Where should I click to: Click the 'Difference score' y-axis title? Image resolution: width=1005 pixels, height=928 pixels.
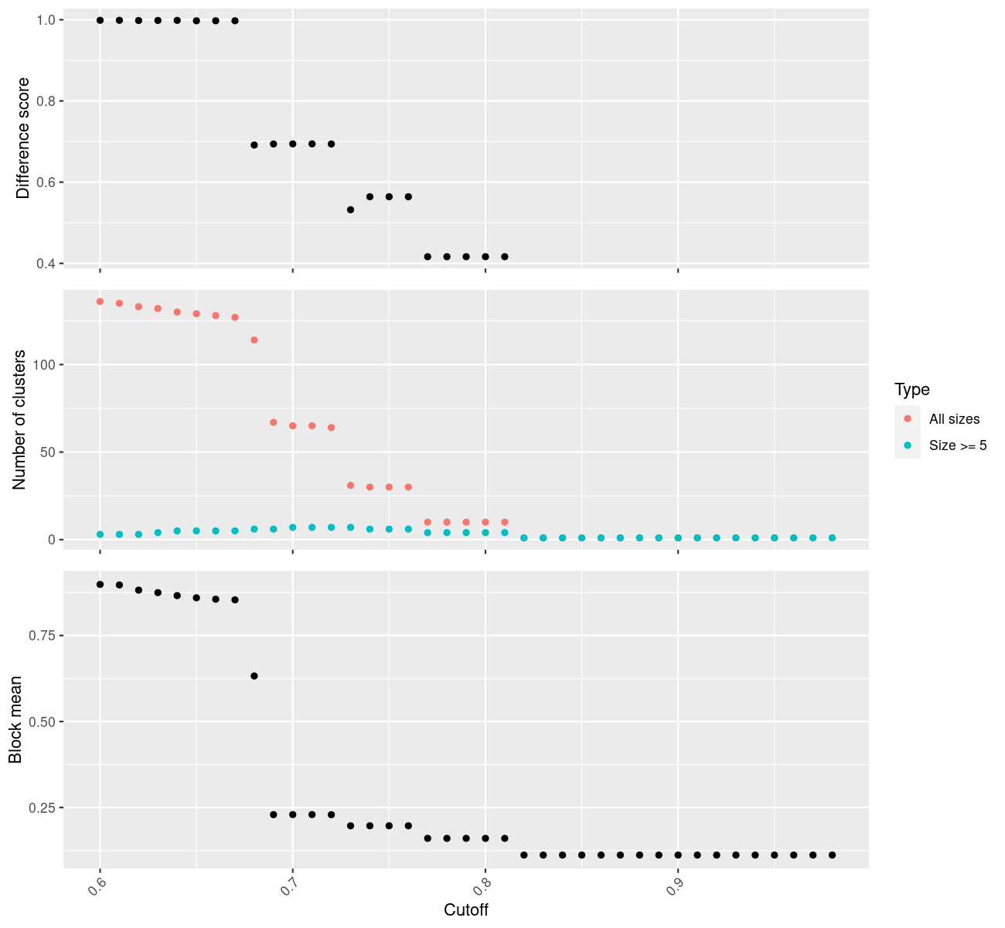[23, 138]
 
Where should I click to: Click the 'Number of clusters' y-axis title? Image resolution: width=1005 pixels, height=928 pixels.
[20, 420]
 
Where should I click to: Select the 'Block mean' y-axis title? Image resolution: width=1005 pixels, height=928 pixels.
[15, 720]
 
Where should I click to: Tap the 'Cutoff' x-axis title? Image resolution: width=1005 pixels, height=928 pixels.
[466, 910]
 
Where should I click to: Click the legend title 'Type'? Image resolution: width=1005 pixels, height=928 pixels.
[911, 390]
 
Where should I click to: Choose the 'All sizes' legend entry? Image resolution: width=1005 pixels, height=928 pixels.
[954, 419]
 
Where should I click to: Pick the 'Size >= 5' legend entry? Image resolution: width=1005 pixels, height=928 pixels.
[958, 445]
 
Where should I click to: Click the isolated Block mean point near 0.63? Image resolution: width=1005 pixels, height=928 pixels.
[254, 676]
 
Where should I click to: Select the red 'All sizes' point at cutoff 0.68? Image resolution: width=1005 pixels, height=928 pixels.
[254, 340]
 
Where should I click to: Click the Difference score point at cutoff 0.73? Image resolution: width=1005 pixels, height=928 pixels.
[350, 210]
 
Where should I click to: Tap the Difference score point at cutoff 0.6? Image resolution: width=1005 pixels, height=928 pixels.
[100, 20]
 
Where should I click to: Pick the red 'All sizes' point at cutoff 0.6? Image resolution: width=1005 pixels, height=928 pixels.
[100, 302]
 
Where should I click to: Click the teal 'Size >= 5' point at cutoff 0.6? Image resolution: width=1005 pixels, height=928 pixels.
[100, 534]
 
